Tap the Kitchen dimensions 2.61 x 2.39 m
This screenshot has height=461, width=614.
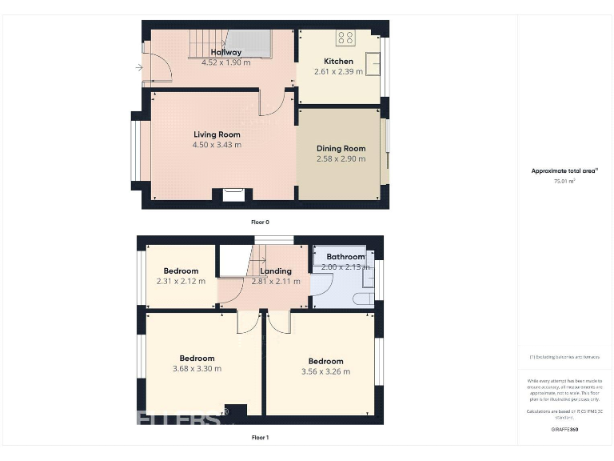pyautogui.click(x=338, y=71)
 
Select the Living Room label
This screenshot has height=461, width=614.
pyautogui.click(x=217, y=134)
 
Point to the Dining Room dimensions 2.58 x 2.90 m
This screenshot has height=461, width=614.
pyautogui.click(x=341, y=158)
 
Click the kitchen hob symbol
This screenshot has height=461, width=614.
pyautogui.click(x=346, y=38)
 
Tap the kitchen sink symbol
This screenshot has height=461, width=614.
pyautogui.click(x=373, y=62)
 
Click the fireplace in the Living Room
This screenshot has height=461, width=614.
pyautogui.click(x=233, y=194)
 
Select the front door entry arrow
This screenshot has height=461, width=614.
pyautogui.click(x=140, y=68)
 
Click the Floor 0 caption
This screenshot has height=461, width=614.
pyautogui.click(x=260, y=222)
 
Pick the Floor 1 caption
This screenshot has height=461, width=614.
pyautogui.click(x=260, y=438)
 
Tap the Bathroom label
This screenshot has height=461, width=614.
pyautogui.click(x=345, y=257)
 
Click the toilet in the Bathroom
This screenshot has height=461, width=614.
pyautogui.click(x=362, y=299)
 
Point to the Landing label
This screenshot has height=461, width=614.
pyautogui.click(x=275, y=271)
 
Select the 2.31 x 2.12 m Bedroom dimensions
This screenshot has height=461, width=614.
pyautogui.click(x=180, y=281)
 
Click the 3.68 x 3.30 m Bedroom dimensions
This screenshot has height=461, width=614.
pyautogui.click(x=197, y=368)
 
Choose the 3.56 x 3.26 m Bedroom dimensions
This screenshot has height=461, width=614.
pyautogui.click(x=325, y=371)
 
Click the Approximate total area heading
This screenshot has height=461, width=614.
pyautogui.click(x=564, y=171)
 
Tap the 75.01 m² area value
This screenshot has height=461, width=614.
pyautogui.click(x=564, y=182)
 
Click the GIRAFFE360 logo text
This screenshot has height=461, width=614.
pyautogui.click(x=564, y=430)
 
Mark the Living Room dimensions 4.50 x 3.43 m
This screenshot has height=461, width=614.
pyautogui.click(x=217, y=145)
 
